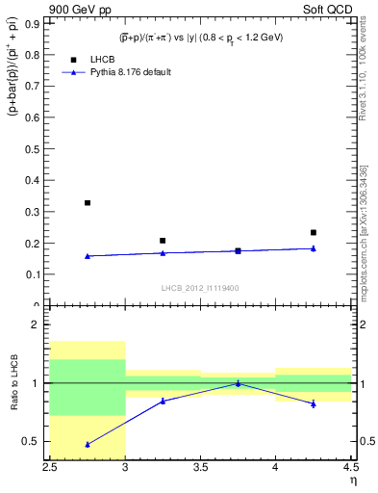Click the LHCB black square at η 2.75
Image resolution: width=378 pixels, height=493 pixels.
pos(88,203)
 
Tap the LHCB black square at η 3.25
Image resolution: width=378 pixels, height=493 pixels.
pos(163,241)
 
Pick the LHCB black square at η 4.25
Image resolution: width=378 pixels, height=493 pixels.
pos(313,232)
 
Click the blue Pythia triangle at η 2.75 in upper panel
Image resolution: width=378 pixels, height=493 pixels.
pos(88,256)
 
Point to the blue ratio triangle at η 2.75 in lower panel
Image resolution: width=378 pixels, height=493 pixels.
pos(88,444)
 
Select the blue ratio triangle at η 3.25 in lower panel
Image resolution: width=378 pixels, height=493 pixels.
pos(163,401)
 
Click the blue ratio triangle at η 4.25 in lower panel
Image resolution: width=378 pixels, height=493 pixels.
pos(313,403)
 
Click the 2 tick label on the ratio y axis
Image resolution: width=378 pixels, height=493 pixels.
pos(40,325)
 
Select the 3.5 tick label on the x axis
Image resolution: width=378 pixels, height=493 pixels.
pos(200,469)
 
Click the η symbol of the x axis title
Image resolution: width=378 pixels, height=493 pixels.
pos(352,480)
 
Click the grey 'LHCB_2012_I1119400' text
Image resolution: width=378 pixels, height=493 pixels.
pos(199,288)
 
